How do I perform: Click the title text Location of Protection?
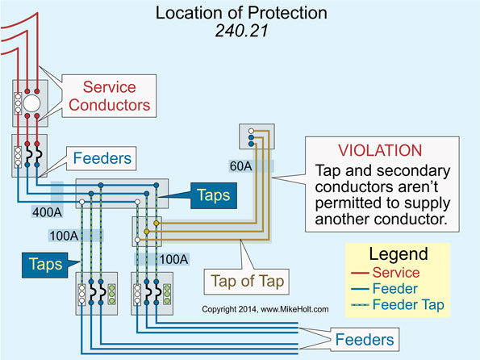click(x=240, y=14)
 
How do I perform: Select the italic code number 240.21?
click(x=240, y=32)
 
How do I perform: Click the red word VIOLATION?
click(x=381, y=150)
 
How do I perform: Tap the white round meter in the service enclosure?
click(x=31, y=105)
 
